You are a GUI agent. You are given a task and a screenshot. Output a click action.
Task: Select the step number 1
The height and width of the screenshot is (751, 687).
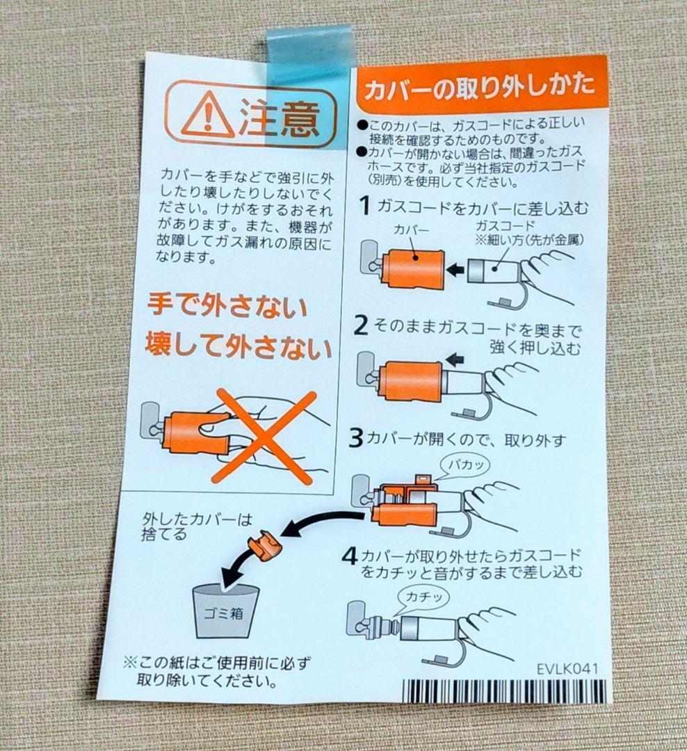pos(364,206)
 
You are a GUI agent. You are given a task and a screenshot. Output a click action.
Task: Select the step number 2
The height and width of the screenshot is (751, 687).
pos(362,325)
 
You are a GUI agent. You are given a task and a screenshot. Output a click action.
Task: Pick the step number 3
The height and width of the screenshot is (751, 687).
pos(356,439)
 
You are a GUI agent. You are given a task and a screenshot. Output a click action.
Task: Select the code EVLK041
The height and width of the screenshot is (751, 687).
pos(567,669)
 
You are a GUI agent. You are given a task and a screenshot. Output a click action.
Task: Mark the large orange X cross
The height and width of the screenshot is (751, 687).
pos(264,437)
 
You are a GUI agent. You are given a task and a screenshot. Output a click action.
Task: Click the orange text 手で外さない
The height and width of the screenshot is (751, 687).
pos(227,307)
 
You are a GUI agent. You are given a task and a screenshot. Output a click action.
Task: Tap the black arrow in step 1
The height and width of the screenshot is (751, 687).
pos(455,269)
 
